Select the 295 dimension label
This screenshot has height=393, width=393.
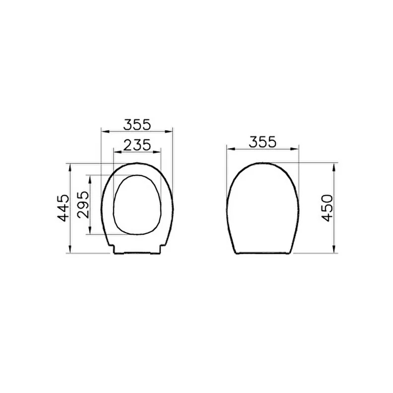[83, 205]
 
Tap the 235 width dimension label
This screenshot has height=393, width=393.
[137, 145]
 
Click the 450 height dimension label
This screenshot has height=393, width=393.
[327, 208]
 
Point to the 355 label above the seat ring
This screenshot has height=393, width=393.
[137, 125]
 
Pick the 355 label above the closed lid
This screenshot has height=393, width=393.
[263, 142]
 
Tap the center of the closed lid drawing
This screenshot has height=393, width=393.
[263, 208]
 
